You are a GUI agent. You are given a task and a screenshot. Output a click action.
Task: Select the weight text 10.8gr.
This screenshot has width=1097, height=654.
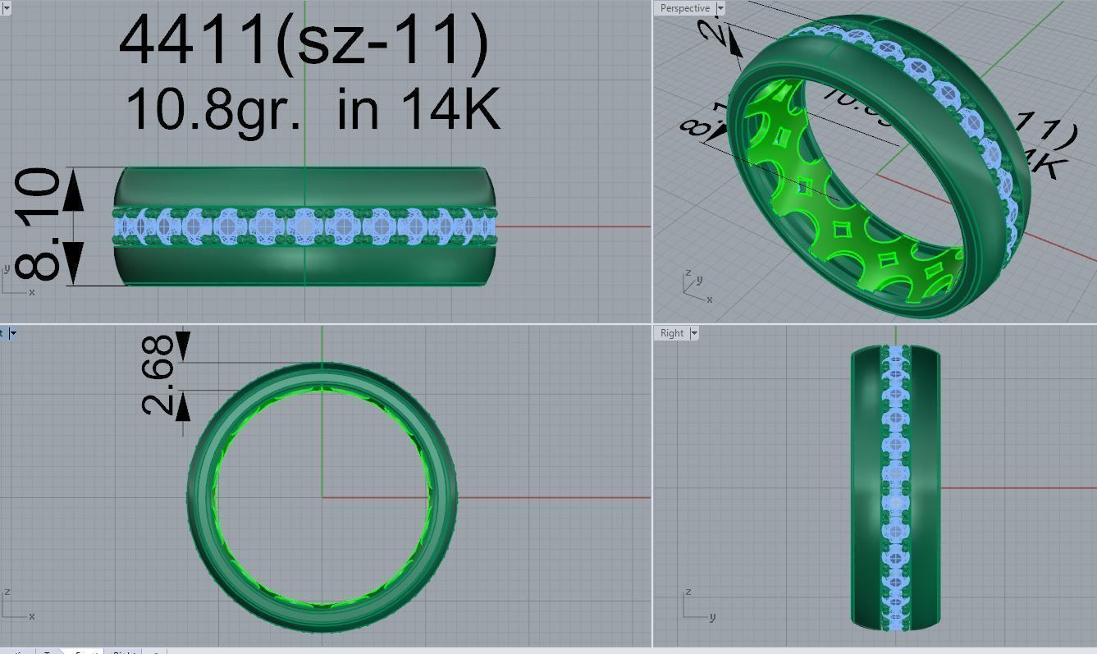[x=213, y=109]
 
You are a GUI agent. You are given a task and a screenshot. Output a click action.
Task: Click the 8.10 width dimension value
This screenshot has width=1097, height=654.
[x=39, y=225]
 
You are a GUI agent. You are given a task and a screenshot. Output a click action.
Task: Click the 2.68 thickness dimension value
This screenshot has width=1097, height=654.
[x=158, y=374]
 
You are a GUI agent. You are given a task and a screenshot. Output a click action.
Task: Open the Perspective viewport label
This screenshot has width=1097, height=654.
[x=684, y=8]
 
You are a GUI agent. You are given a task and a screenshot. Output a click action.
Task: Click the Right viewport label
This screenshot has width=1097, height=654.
[x=671, y=333]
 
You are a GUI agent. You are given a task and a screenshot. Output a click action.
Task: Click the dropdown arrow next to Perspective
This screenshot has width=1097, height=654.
[x=720, y=8]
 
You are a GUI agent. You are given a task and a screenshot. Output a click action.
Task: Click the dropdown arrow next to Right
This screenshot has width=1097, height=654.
[x=694, y=333]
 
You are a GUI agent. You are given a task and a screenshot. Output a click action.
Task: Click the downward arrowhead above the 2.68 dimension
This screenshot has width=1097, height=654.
[x=181, y=345]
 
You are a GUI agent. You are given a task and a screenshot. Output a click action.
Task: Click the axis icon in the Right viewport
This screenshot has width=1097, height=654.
[x=696, y=606]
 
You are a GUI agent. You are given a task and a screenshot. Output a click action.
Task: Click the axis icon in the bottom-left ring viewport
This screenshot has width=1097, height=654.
[x=16, y=606]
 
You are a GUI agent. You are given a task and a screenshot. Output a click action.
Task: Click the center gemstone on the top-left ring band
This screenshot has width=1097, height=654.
[x=305, y=226]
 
